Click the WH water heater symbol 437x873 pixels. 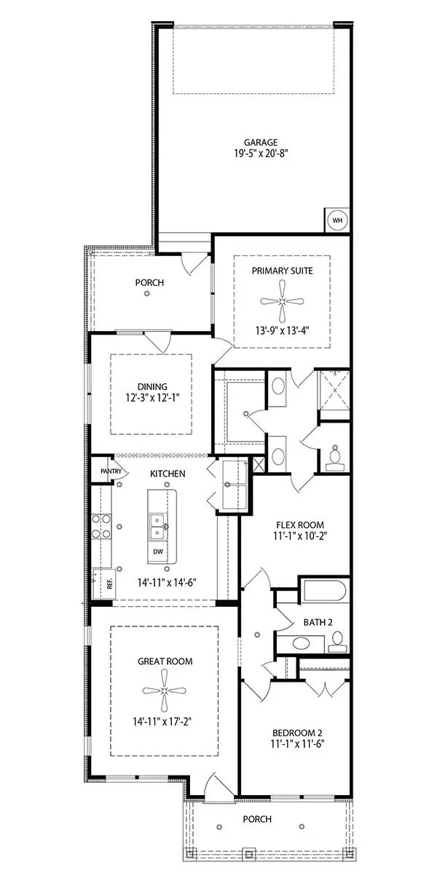(x=337, y=220)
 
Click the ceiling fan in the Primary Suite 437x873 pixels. (x=282, y=301)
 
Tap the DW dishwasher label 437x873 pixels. (x=157, y=551)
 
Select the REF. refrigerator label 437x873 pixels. (x=101, y=583)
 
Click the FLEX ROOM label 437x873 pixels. (x=300, y=525)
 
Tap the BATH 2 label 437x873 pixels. (x=318, y=622)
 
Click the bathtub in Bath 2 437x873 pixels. (x=323, y=590)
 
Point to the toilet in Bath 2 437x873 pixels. (x=336, y=642)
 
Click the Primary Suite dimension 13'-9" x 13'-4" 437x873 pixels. (x=282, y=329)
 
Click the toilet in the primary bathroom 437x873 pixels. (x=335, y=455)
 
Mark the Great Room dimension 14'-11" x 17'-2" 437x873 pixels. (x=165, y=722)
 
